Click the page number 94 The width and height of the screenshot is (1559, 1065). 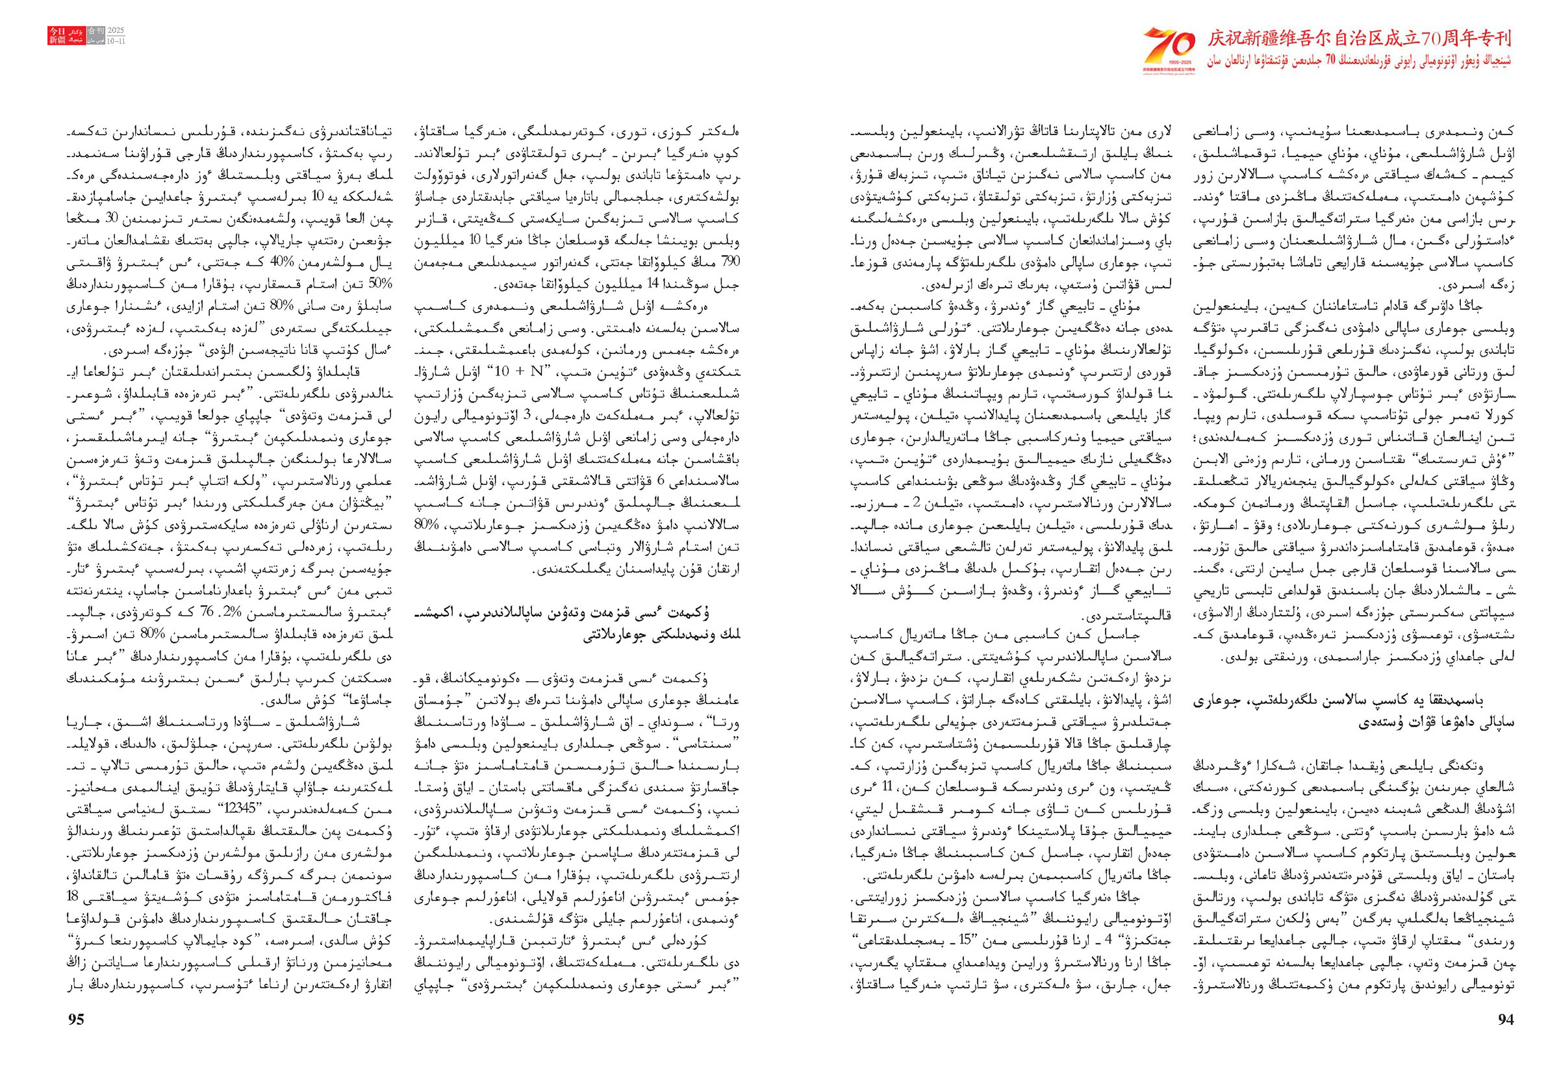[1505, 1020]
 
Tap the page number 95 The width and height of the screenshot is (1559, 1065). [77, 1020]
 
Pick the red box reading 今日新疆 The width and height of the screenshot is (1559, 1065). [57, 36]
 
